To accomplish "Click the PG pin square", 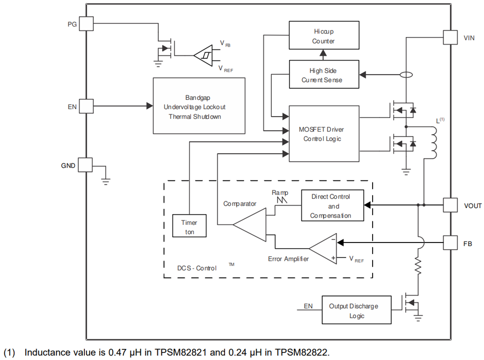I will click(87, 24).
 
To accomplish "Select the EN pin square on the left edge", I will click(86, 106).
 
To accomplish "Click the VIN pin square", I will click(450, 37).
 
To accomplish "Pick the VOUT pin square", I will click(450, 205).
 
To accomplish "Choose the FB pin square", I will click(450, 242).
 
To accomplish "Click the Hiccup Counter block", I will click(323, 36).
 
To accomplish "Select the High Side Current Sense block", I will click(323, 75).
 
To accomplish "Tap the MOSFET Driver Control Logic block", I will click(323, 134).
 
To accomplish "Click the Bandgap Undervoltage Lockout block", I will click(199, 106).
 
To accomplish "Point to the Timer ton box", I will click(189, 227).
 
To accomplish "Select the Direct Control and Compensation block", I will click(333, 206).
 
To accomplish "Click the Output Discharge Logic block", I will click(356, 311).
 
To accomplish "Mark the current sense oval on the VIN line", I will click(406, 75).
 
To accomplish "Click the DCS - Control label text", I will click(197, 268).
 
